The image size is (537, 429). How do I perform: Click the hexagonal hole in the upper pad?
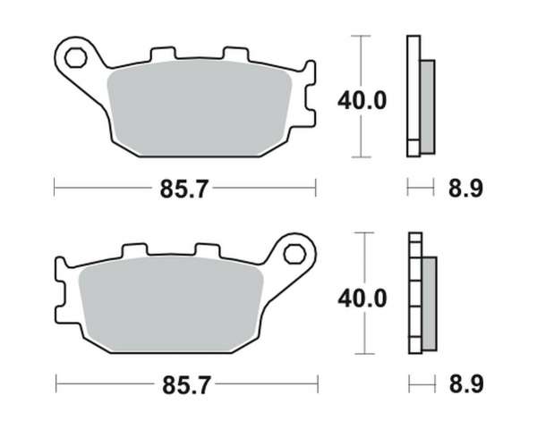(x=75, y=58)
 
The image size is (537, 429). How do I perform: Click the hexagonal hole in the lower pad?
(x=294, y=254)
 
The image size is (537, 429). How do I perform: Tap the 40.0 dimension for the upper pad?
(x=362, y=101)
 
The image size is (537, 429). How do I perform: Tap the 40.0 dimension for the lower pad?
(x=362, y=299)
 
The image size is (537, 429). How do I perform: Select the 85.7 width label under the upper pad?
(x=183, y=189)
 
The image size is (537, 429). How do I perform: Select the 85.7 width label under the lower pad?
(x=186, y=385)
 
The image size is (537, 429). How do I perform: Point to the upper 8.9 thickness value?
(x=465, y=189)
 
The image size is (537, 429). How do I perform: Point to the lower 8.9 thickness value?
(x=466, y=383)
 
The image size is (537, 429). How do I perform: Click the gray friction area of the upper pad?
(x=200, y=108)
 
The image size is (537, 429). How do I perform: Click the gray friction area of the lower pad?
(x=171, y=305)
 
